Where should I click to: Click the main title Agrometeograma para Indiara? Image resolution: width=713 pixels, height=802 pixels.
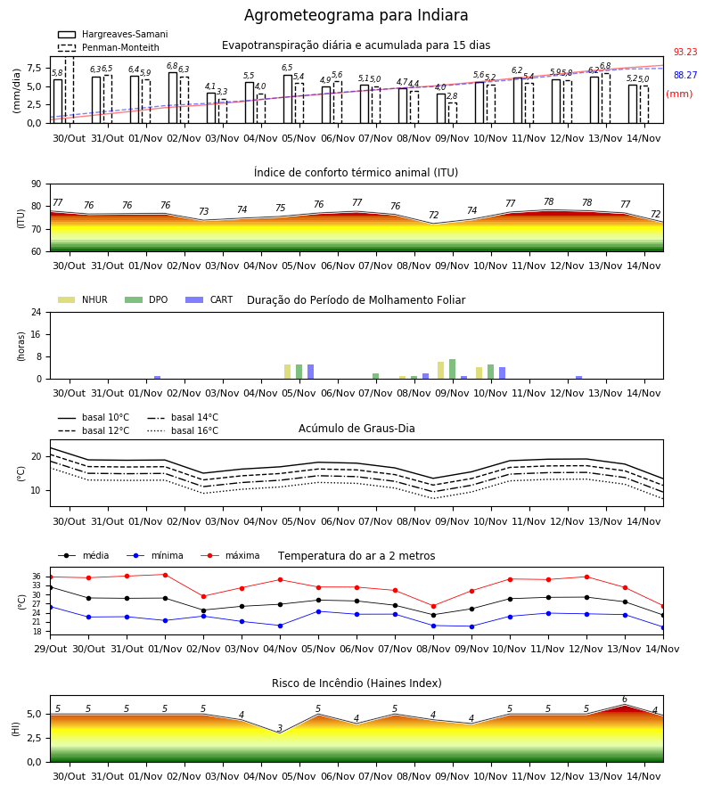tap(356, 15)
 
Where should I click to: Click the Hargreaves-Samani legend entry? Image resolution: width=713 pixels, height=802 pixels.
tap(112, 34)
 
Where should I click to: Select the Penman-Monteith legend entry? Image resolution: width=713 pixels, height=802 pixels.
tap(109, 47)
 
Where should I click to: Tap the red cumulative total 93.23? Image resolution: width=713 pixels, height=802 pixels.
tap(685, 53)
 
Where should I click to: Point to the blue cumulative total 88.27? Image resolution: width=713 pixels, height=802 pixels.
tap(685, 75)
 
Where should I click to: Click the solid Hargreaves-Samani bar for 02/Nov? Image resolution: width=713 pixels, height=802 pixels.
tap(173, 98)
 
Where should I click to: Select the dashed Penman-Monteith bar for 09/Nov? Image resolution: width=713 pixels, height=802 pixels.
tap(452, 113)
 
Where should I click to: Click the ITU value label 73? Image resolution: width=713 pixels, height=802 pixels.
tap(203, 211)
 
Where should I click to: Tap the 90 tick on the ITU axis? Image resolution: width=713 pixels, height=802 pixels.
tap(36, 184)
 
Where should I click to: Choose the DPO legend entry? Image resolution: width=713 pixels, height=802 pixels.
tap(146, 299)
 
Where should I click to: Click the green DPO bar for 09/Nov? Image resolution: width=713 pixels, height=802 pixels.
tap(452, 369)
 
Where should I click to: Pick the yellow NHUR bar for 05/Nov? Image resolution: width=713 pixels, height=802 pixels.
tap(288, 372)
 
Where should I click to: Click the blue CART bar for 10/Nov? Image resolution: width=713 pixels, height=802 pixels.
tap(503, 373)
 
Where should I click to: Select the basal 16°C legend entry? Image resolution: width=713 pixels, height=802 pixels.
tap(183, 430)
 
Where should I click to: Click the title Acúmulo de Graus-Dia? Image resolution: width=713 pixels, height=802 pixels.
tap(356, 429)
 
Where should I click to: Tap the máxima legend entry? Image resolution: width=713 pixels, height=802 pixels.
tap(231, 555)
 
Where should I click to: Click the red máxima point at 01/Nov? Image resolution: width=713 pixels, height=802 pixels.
tap(165, 575)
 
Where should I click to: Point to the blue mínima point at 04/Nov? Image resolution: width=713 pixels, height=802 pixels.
tap(280, 626)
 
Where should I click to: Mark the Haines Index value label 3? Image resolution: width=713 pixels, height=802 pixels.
tap(280, 728)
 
